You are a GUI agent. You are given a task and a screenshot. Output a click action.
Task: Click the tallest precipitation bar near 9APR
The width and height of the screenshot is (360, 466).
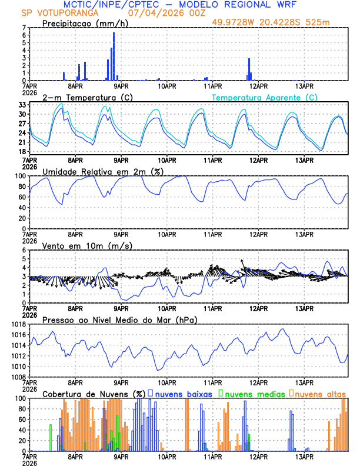pyautogui.click(x=114, y=56)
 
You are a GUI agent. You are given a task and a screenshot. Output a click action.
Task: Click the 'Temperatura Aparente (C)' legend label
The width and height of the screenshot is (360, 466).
pyautogui.click(x=265, y=97)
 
